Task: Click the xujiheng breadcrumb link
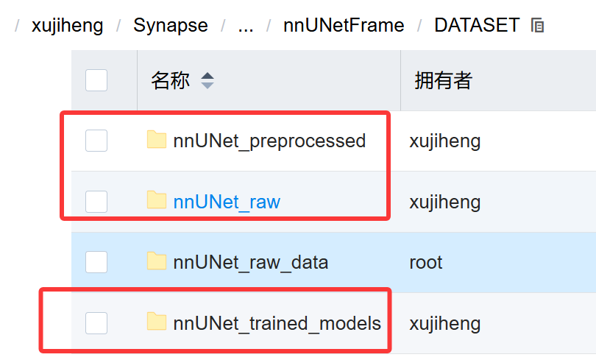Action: tap(67, 26)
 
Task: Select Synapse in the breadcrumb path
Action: tap(170, 26)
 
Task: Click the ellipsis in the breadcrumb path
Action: tap(246, 26)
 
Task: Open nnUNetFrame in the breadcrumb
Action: tap(344, 26)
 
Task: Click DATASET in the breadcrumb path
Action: tap(477, 26)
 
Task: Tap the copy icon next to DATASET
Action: tap(537, 26)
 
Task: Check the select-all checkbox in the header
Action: tap(96, 80)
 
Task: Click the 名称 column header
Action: tap(170, 80)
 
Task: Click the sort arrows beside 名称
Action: tap(207, 80)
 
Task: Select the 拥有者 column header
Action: tap(443, 80)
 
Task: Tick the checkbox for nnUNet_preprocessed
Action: tap(96, 141)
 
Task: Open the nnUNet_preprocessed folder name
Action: tap(269, 141)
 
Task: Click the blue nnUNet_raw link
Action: tap(227, 202)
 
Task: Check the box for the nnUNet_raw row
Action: tap(96, 202)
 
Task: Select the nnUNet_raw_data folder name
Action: tap(251, 262)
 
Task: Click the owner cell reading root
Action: tap(426, 262)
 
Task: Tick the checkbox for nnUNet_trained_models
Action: tap(96, 322)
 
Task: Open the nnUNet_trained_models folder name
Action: tap(277, 322)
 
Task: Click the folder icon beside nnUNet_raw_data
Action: tap(156, 261)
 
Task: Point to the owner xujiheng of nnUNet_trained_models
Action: tap(444, 322)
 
